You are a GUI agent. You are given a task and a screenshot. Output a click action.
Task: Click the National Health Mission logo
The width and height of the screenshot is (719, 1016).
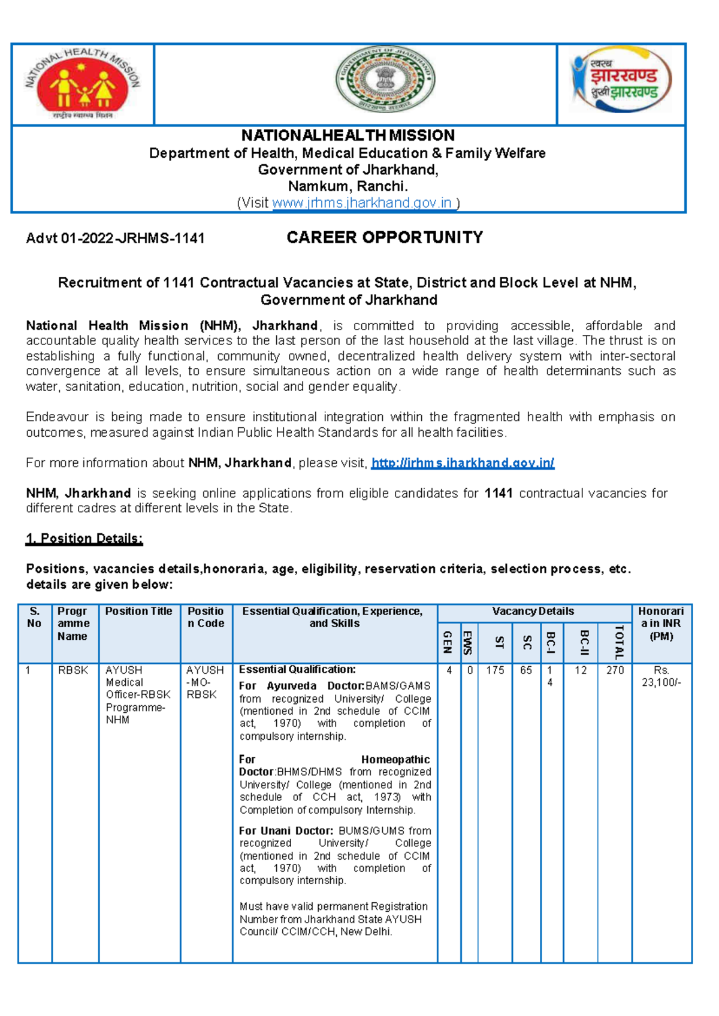(83, 84)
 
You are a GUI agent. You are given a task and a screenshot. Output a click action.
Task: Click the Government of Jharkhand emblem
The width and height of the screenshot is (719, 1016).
(385, 80)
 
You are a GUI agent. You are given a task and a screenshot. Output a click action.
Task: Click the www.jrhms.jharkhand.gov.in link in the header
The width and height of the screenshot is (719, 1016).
(362, 203)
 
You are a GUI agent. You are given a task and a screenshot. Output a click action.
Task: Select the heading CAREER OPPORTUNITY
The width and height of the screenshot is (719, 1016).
(385, 238)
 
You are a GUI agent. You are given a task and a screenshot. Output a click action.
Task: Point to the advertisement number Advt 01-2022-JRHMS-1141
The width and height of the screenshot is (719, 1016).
(115, 238)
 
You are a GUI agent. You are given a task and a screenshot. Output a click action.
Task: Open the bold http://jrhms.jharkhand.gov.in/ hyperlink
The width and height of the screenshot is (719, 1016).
(463, 463)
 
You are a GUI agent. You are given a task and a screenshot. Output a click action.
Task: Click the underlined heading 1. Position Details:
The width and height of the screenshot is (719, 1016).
(84, 539)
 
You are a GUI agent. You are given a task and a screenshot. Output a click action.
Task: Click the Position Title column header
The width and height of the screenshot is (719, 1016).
(138, 612)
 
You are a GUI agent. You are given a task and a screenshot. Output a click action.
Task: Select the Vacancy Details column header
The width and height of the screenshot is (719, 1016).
(533, 612)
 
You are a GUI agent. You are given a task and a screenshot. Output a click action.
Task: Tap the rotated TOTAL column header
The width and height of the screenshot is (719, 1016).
(620, 642)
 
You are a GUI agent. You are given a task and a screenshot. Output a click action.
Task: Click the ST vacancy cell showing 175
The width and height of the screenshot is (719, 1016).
(495, 670)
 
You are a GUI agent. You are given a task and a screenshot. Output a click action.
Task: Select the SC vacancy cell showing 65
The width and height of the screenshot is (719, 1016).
(526, 670)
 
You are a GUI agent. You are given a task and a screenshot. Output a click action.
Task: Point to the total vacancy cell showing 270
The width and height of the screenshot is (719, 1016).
(615, 670)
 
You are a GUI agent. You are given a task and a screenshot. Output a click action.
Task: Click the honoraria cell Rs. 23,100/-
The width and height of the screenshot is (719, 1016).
(661, 676)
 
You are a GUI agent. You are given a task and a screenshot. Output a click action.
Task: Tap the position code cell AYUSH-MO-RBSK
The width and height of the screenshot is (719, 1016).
(204, 682)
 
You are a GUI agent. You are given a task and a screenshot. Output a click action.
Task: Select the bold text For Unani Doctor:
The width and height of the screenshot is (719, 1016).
(286, 831)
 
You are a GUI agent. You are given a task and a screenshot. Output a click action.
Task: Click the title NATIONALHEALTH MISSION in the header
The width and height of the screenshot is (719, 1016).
(348, 135)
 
